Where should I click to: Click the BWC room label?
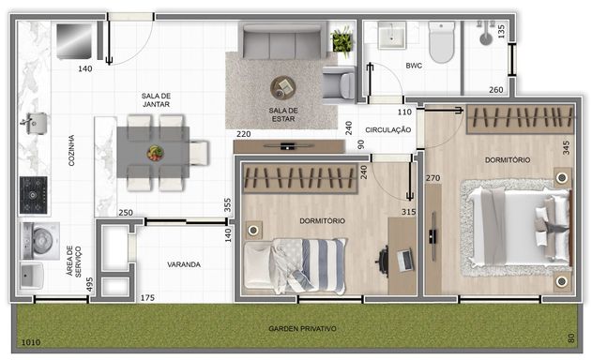pyautogui.click(x=414, y=66)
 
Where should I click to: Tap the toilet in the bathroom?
pyautogui.click(x=441, y=42)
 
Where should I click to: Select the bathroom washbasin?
pyautogui.click(x=392, y=35)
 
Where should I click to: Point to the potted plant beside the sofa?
pyautogui.click(x=342, y=40)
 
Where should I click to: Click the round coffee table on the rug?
pyautogui.click(x=282, y=87)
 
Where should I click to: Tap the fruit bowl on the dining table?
pyautogui.click(x=155, y=153)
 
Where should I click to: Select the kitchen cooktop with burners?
pyautogui.click(x=34, y=195)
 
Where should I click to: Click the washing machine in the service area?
pyautogui.click(x=40, y=241)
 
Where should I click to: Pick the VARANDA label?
pyautogui.click(x=184, y=264)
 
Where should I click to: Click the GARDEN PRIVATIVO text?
pyautogui.click(x=302, y=329)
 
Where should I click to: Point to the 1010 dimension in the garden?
pyautogui.click(x=31, y=342)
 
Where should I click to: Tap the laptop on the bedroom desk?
pyautogui.click(x=405, y=260)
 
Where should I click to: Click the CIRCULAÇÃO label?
pyautogui.click(x=388, y=129)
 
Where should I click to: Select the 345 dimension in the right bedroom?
pyautogui.click(x=566, y=147)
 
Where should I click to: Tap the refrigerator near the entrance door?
pyautogui.click(x=74, y=41)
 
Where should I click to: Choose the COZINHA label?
pyautogui.click(x=71, y=150)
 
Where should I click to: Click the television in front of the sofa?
pyautogui.click(x=289, y=145)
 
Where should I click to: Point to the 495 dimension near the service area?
pyautogui.click(x=89, y=284)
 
